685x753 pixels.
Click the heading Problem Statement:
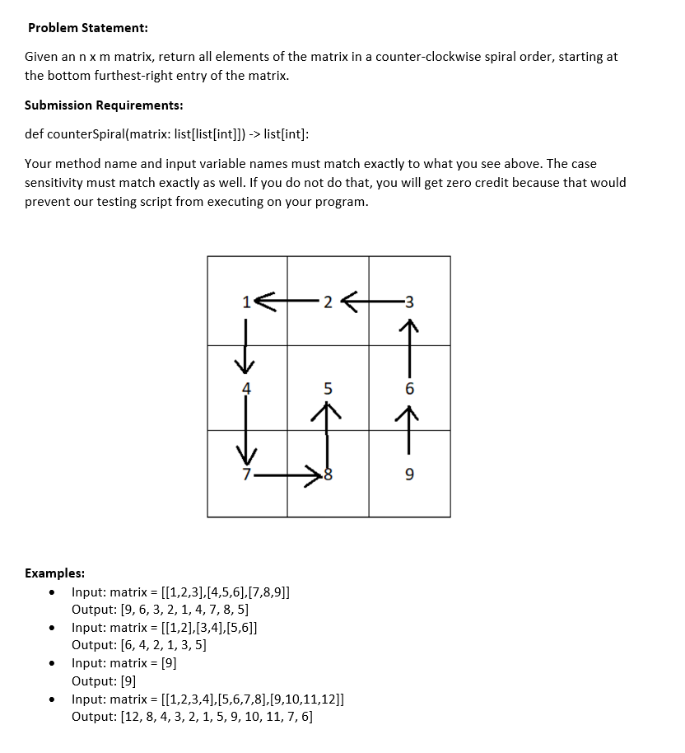88,28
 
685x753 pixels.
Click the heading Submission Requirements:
104,105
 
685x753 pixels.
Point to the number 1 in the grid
246,302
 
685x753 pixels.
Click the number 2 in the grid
328,302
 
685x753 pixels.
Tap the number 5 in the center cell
328,388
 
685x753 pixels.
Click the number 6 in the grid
410,388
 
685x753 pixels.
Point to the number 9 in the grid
410,475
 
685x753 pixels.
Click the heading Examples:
55,573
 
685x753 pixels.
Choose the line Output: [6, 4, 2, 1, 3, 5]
139,645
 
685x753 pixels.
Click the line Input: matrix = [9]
124,663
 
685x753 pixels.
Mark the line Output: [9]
104,681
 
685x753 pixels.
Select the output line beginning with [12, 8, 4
192,717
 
